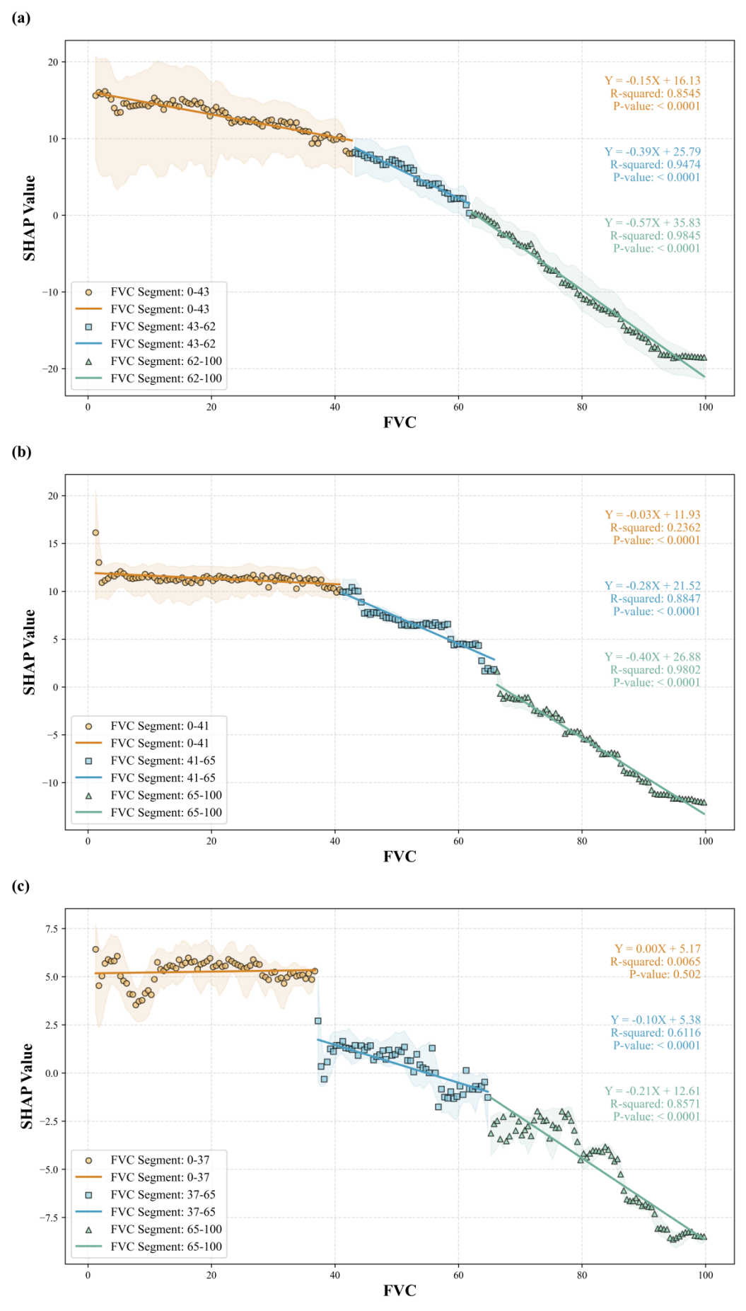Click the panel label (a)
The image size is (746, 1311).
pyautogui.click(x=21, y=18)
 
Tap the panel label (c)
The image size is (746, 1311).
pyautogui.click(x=21, y=886)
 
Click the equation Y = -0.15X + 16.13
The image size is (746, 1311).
pyautogui.click(x=652, y=81)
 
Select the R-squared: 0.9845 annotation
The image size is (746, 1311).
pyautogui.click(x=655, y=236)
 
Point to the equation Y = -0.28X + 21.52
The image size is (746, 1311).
pyautogui.click(x=652, y=586)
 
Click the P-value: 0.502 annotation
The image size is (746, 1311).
pyautogui.click(x=665, y=974)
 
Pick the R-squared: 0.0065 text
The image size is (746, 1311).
pyautogui.click(x=655, y=961)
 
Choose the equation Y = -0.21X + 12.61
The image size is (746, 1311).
pyautogui.click(x=652, y=1091)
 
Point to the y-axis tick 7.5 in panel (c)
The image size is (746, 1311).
pyautogui.click(x=51, y=929)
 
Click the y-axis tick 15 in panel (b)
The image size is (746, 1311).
pyautogui.click(x=52, y=544)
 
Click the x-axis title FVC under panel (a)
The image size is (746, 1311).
pyautogui.click(x=400, y=423)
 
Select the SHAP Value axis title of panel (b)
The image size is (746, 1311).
pyautogui.click(x=29, y=652)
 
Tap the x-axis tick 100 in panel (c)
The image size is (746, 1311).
pyautogui.click(x=705, y=1275)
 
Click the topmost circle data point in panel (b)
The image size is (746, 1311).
pyautogui.click(x=95, y=533)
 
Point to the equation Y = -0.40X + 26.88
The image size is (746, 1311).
pyautogui.click(x=652, y=657)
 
